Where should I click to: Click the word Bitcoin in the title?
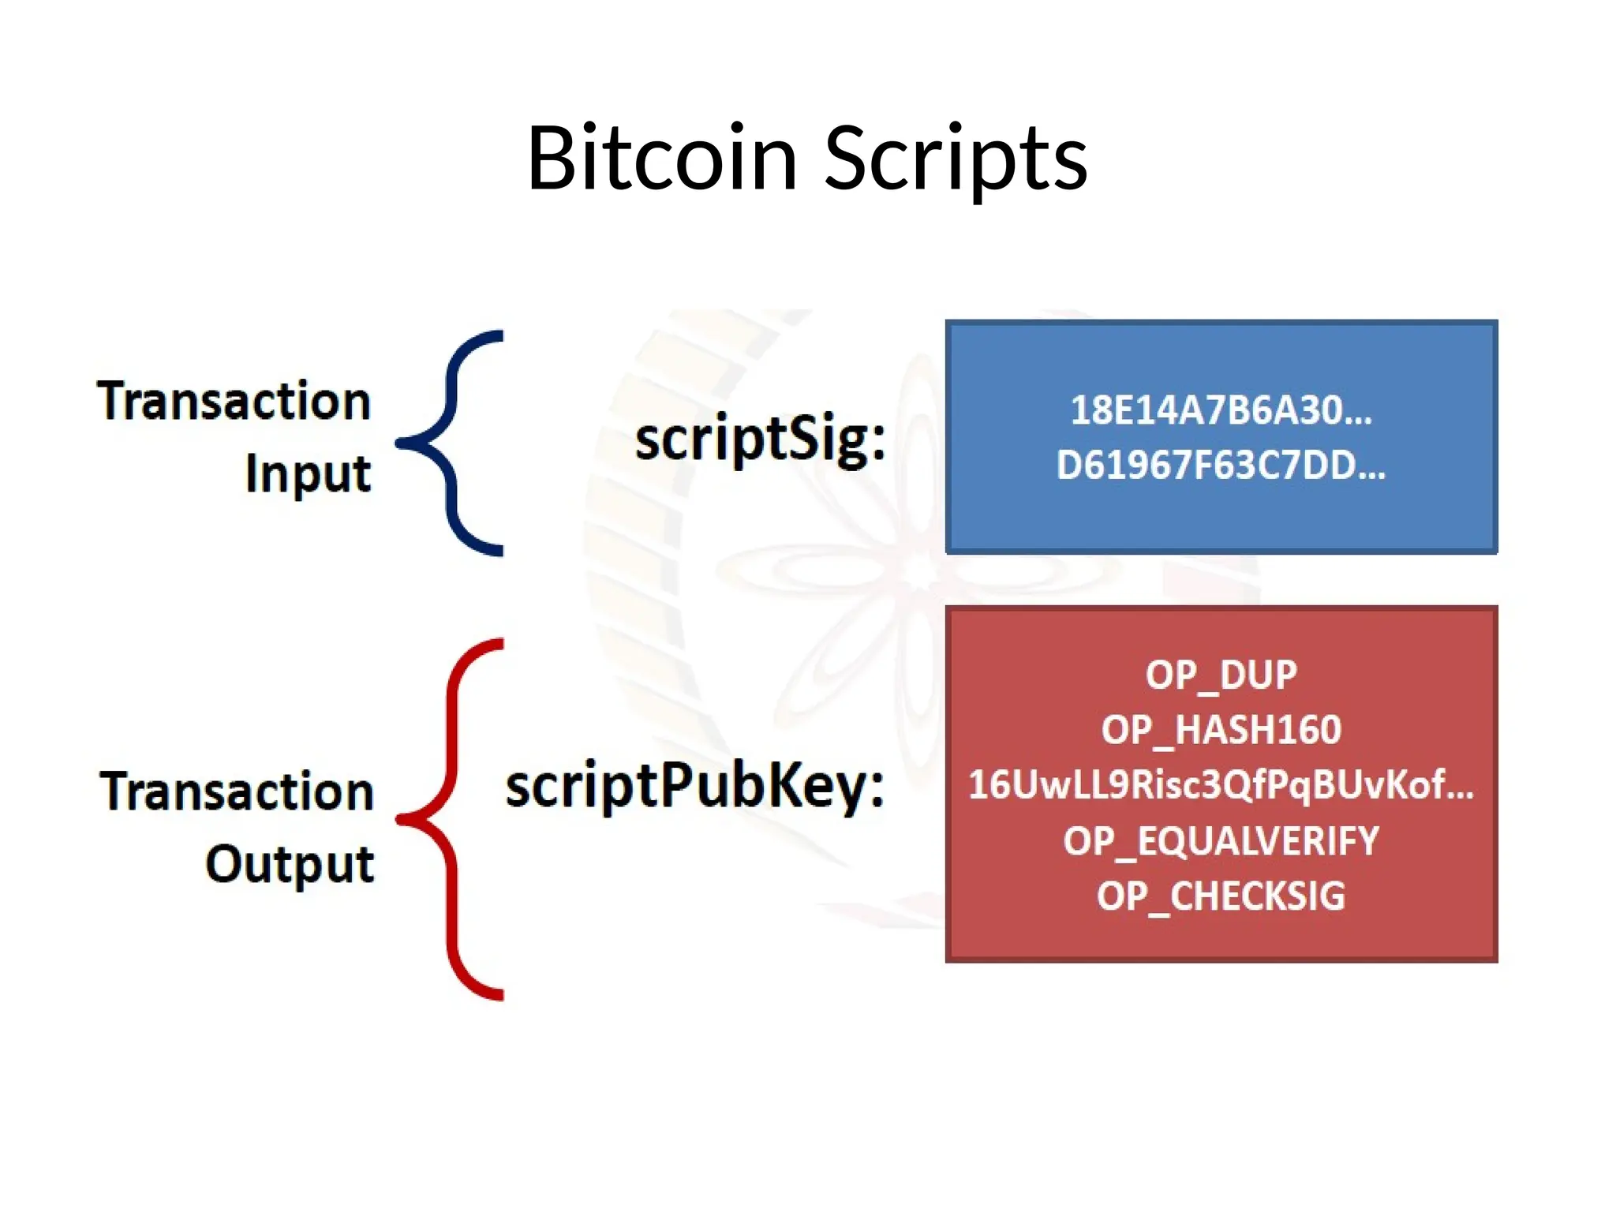[661, 159]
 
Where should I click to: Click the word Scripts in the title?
[956, 159]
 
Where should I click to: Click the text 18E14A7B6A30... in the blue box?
[1221, 410]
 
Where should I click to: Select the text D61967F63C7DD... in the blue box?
[1221, 466]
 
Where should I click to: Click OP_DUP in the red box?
[1221, 675]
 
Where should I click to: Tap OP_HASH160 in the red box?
[1221, 730]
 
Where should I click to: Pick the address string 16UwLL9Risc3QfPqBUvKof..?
[1221, 785]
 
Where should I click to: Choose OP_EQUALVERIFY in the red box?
[1221, 841]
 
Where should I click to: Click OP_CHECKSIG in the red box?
[1221, 896]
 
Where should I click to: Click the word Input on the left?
[308, 474]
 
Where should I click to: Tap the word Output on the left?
[290, 864]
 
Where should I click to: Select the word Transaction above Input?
[234, 401]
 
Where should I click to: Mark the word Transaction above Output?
[237, 791]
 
